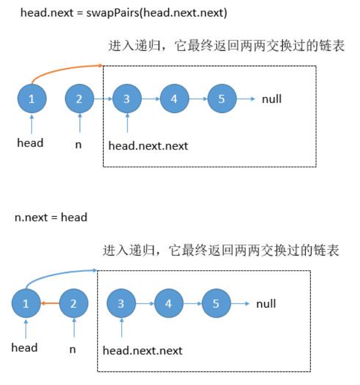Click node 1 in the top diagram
[32, 99]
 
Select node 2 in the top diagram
[79, 99]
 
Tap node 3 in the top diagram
[126, 99]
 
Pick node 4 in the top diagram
[174, 99]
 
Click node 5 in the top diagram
[221, 99]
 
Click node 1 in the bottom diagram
[26, 304]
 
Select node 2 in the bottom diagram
[73, 304]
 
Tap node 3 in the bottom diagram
[121, 304]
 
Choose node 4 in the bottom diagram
[169, 304]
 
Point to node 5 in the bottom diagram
[216, 304]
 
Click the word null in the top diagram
[272, 99]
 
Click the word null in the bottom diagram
[266, 304]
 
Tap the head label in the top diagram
[30, 142]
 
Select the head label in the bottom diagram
[25, 347]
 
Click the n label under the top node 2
[78, 144]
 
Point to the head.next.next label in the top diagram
[148, 146]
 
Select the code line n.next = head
[50, 217]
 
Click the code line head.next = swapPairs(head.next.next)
[116, 12]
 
